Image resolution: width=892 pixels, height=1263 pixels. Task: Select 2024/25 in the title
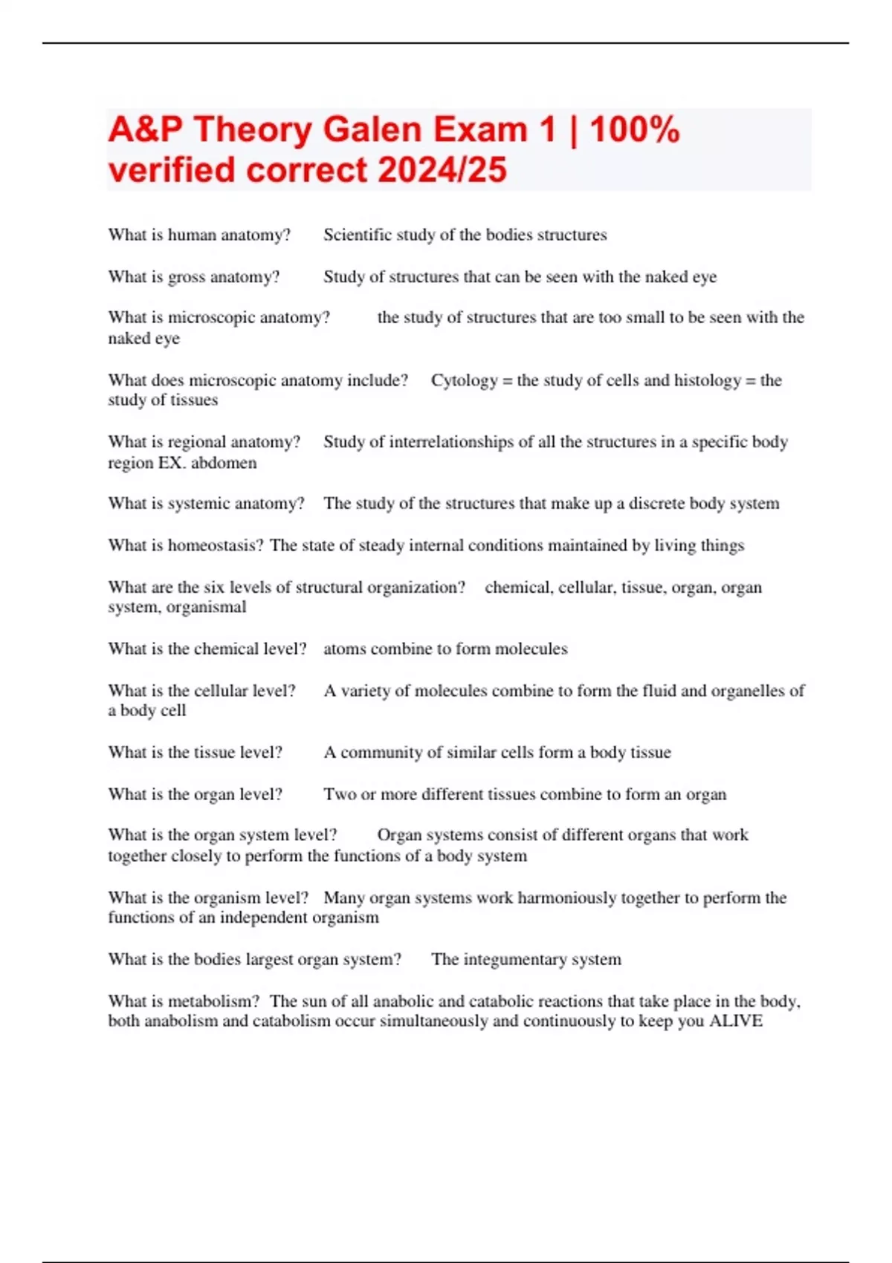point(442,169)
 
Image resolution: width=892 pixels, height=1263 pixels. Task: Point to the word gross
point(187,277)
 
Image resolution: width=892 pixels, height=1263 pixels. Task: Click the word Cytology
point(464,380)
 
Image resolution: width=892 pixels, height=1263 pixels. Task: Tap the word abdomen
point(224,463)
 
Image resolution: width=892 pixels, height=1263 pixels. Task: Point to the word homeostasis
point(216,545)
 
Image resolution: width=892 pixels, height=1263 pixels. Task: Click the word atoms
point(344,649)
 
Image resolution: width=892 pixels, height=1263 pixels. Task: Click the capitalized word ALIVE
point(735,1021)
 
